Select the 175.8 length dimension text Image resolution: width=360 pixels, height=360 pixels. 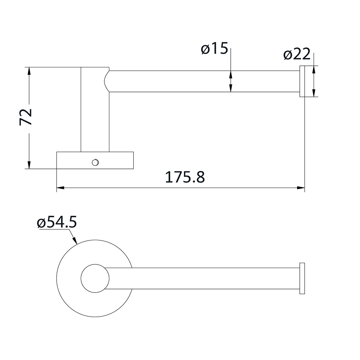tap(185, 177)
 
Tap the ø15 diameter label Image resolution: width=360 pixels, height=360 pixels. tap(214, 49)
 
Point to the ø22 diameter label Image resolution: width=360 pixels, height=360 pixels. tap(297, 55)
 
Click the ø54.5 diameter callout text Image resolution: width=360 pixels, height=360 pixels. tap(57, 223)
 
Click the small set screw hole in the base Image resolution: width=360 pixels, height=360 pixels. tap(95, 162)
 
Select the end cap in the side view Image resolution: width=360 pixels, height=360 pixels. tap(302, 81)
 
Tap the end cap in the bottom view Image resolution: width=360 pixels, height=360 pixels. tap(302, 278)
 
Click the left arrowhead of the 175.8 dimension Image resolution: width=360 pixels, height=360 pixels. tap(60, 188)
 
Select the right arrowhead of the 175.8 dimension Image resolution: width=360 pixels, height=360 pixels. tap(301, 188)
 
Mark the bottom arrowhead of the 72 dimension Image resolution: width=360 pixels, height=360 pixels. tap(29, 165)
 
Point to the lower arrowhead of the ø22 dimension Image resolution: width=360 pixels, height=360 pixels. tap(314, 93)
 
